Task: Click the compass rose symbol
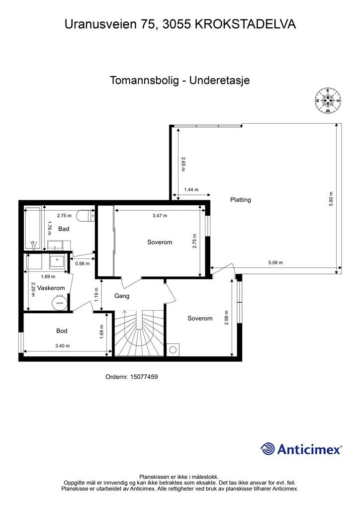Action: click(x=328, y=100)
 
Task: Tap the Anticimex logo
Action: click(x=301, y=449)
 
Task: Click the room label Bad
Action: click(x=64, y=229)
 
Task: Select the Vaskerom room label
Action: click(x=51, y=288)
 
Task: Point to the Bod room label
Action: click(x=62, y=331)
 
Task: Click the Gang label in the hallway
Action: click(x=122, y=296)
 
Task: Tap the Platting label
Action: click(x=241, y=200)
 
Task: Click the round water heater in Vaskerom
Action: click(x=60, y=300)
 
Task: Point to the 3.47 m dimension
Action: click(x=160, y=216)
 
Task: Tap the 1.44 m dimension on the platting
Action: click(x=191, y=189)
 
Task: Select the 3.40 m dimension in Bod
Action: click(x=62, y=346)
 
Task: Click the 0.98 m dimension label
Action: click(x=82, y=263)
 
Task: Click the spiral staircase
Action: click(x=140, y=334)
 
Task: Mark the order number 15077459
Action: click(x=132, y=377)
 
